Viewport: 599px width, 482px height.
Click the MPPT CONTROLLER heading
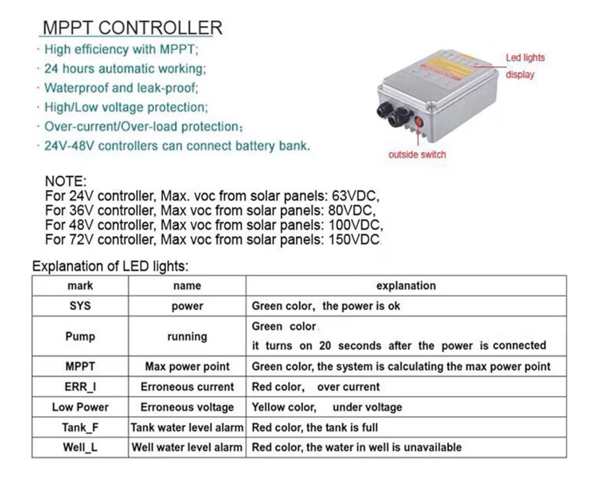[x=132, y=28]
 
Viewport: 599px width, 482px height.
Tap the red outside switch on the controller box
[x=418, y=123]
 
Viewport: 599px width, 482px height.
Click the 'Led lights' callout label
[x=525, y=58]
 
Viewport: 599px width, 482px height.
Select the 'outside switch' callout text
[x=417, y=155]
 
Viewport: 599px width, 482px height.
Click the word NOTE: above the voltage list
[x=65, y=181]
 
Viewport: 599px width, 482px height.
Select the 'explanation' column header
[x=406, y=285]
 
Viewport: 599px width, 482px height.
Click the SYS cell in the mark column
[x=80, y=306]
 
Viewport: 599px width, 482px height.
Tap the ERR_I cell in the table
[x=80, y=387]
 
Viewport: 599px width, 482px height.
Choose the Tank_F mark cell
[x=80, y=428]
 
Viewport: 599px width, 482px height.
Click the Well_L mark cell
[x=80, y=448]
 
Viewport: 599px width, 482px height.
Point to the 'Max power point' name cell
[x=187, y=367]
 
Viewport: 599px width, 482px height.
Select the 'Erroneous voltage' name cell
[x=187, y=407]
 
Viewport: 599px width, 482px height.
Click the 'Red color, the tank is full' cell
[x=315, y=428]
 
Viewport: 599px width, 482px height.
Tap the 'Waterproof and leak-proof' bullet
[x=121, y=88]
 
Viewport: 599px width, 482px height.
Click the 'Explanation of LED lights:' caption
[x=110, y=266]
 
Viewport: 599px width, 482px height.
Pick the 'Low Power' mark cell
[x=80, y=407]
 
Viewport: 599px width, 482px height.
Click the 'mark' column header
[x=80, y=285]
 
